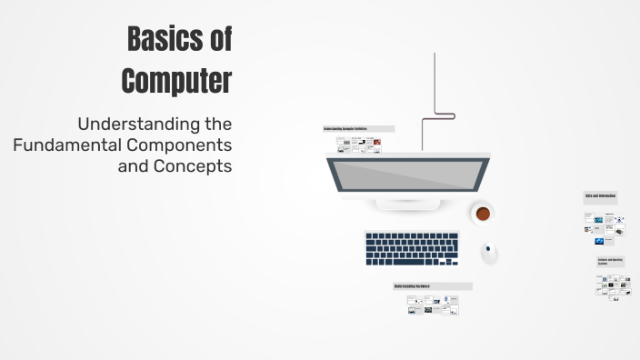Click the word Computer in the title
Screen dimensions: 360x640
point(177,80)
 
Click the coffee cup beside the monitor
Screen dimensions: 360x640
point(483,214)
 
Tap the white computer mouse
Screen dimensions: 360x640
point(490,251)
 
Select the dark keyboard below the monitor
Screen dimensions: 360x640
point(412,247)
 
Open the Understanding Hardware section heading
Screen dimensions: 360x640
point(432,286)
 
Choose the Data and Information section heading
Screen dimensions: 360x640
point(601,196)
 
